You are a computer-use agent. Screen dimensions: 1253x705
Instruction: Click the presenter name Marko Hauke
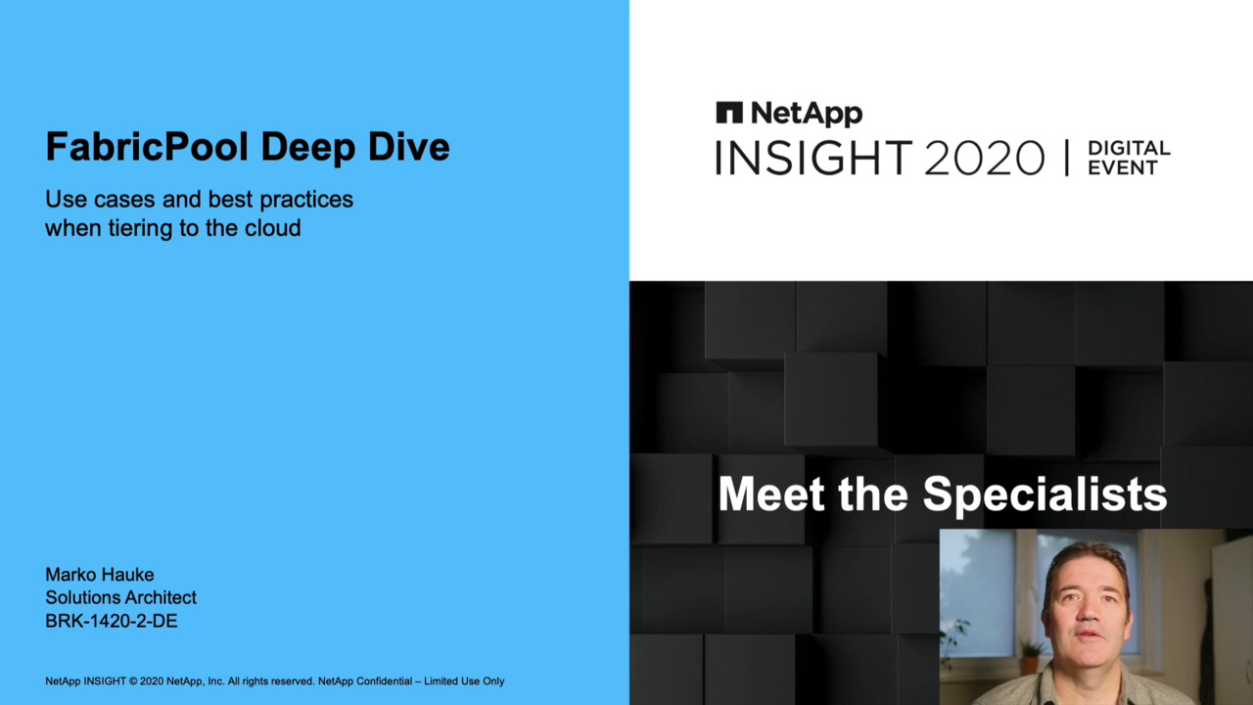[100, 575]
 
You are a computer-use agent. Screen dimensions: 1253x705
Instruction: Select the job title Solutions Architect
[120, 597]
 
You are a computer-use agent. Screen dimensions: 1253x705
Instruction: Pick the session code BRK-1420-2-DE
[112, 621]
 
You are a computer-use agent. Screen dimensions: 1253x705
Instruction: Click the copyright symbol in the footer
[133, 681]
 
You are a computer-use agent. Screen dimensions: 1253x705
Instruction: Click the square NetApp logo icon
[729, 113]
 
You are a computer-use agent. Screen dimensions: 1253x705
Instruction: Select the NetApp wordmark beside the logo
[807, 115]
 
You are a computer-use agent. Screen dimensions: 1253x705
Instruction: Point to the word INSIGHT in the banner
[813, 158]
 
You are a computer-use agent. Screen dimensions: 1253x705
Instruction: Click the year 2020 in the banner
[985, 158]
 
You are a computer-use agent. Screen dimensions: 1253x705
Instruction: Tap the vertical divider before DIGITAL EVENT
[1067, 158]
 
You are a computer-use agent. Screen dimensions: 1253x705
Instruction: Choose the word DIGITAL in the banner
[1129, 148]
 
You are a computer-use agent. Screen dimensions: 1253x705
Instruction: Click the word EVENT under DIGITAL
[1123, 167]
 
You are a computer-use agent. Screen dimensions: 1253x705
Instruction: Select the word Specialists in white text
[1044, 494]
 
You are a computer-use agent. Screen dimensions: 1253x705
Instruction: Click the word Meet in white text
[771, 494]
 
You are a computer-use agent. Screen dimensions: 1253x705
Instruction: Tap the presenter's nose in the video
[1087, 612]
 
